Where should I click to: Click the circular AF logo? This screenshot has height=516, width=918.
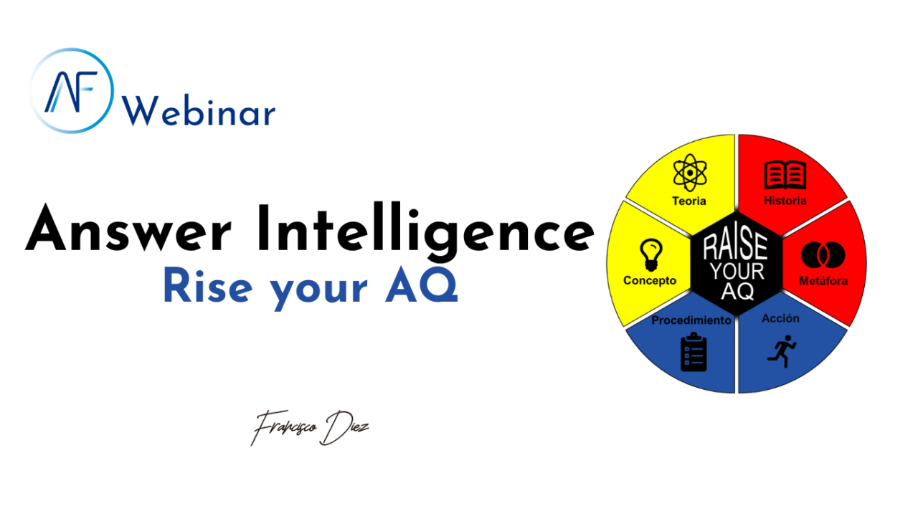tap(72, 90)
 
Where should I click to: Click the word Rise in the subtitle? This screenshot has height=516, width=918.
tap(207, 287)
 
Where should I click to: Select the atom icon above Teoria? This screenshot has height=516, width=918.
tap(690, 173)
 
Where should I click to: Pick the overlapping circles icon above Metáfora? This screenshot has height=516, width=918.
tap(823, 255)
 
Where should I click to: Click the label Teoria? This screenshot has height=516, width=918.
tap(689, 201)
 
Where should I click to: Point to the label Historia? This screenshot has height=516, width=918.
tap(785, 201)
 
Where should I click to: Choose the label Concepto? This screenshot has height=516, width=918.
tap(650, 280)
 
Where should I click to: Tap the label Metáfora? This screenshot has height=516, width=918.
tap(823, 281)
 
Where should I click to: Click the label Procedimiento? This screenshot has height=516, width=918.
tap(691, 320)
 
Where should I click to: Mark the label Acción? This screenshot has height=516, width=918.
tap(780, 318)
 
